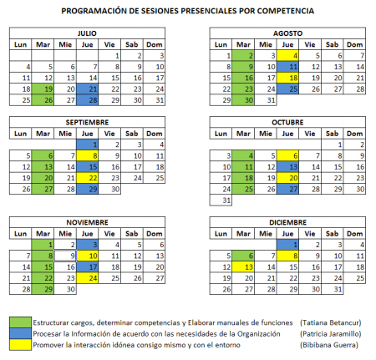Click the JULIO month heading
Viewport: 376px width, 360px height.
pos(86,33)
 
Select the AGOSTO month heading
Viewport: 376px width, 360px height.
pos(287,33)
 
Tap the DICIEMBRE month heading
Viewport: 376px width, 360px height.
pos(287,223)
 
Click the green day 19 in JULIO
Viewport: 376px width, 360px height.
pos(48,88)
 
